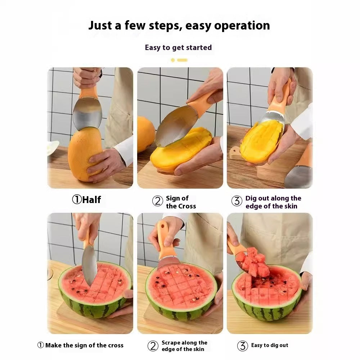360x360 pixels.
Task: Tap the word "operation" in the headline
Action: pos(242,26)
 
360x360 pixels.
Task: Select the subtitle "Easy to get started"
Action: pos(178,48)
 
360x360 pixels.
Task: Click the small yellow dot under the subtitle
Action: pos(173,60)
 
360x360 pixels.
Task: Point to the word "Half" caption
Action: pos(91,199)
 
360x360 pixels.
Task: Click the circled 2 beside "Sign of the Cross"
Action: pos(158,201)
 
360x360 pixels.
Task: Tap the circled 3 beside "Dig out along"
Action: pos(237,201)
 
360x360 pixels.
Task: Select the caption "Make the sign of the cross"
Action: pos(84,345)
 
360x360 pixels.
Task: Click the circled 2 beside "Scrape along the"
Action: pos(153,346)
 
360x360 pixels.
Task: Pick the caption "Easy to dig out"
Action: pos(270,345)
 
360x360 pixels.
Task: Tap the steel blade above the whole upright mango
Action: pos(87,113)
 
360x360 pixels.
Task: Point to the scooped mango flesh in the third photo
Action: pos(262,140)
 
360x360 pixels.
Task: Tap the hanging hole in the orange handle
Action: pos(163,226)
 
